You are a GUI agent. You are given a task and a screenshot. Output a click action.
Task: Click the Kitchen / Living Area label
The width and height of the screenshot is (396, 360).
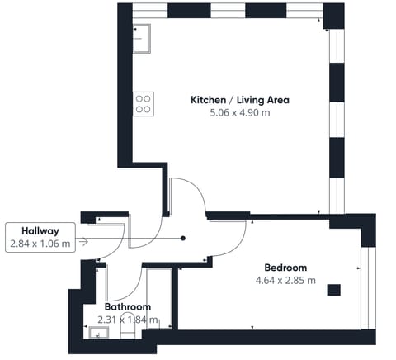tap(240, 100)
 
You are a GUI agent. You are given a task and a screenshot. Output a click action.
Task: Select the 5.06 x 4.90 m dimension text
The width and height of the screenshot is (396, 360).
tap(240, 113)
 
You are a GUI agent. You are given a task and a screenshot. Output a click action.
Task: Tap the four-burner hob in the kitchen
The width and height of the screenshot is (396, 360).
tap(143, 102)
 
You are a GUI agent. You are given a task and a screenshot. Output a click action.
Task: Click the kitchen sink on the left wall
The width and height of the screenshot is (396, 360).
tap(141, 36)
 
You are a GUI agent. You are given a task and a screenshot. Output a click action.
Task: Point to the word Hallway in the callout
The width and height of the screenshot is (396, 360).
tap(40, 231)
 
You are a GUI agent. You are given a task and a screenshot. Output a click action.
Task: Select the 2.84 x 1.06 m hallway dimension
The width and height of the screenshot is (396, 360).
tap(40, 244)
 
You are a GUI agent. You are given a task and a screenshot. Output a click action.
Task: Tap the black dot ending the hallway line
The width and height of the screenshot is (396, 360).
tap(183, 239)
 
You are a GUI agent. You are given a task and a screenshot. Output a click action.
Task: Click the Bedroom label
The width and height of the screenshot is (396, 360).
tap(285, 268)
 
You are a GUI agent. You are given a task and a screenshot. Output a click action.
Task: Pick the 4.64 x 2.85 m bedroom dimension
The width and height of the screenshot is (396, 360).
tap(285, 281)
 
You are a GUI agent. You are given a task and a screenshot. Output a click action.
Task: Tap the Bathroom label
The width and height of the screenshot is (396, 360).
tap(128, 306)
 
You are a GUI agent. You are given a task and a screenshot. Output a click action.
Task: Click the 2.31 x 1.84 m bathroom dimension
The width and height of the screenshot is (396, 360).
tap(128, 320)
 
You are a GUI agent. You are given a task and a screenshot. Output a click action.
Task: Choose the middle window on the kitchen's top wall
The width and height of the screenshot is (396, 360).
tap(228, 12)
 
